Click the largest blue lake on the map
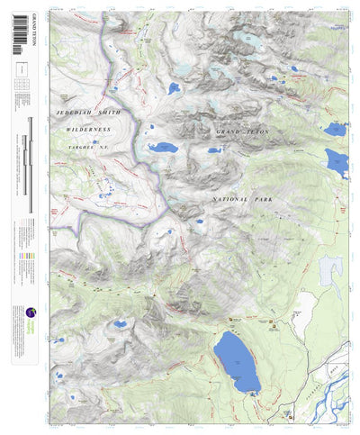pyautogui.click(x=237, y=361)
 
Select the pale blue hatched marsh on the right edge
pyautogui.click(x=331, y=267)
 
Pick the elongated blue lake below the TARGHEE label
pyautogui.click(x=163, y=149)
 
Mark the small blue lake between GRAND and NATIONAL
pyautogui.click(x=213, y=150)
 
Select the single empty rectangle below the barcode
pyautogui.click(x=21, y=69)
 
